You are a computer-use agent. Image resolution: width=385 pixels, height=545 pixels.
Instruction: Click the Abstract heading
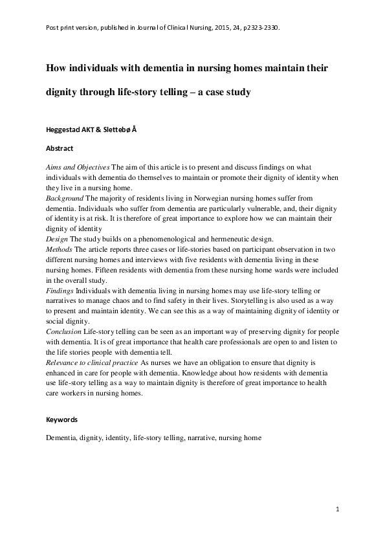pos(60,148)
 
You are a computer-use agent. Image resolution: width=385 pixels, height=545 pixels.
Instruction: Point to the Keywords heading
pos(61,419)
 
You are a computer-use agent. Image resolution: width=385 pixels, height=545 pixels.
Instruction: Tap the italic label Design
pos(56,238)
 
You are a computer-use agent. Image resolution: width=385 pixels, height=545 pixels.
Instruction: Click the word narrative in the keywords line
pos(202,438)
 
